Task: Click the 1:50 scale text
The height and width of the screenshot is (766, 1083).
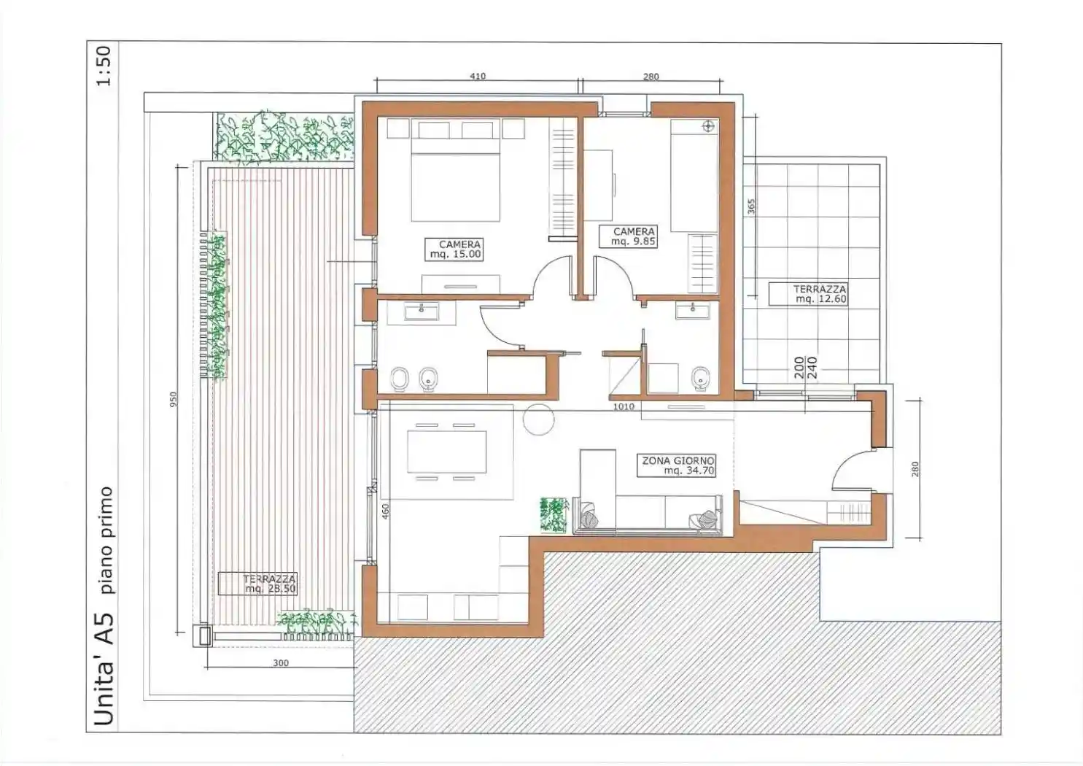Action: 104,66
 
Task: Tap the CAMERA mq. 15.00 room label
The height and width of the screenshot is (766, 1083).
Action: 454,249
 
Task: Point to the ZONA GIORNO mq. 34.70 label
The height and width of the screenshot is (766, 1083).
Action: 676,465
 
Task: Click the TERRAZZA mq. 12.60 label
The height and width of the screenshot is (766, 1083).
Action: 808,293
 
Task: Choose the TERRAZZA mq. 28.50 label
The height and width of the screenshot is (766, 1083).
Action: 257,583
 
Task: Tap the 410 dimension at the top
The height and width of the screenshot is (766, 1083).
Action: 478,77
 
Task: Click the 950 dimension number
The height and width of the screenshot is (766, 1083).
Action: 174,399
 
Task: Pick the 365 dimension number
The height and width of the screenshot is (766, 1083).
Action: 751,207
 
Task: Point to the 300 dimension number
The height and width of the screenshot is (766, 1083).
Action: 281,662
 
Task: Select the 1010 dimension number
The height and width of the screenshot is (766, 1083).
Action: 624,406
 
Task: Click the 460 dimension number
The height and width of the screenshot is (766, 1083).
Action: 385,511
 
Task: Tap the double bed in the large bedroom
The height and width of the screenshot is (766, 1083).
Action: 455,180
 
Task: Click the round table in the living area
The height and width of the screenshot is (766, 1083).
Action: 539,419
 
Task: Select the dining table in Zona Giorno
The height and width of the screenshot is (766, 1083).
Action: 447,452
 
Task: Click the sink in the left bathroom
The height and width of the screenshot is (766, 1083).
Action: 421,312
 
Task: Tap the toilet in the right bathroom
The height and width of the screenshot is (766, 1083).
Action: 700,378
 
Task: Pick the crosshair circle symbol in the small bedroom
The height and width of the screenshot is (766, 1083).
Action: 708,127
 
